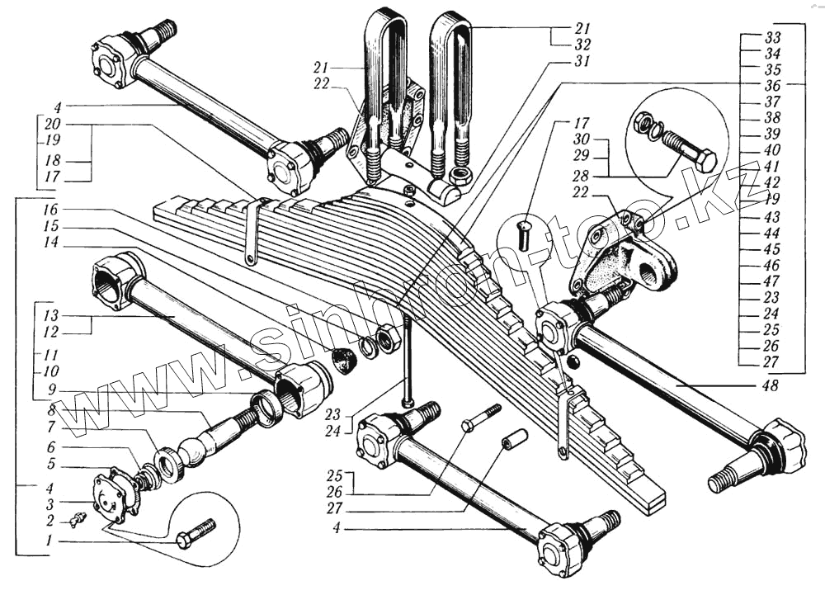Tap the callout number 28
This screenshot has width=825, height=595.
pos(581,177)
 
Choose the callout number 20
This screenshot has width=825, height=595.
pos(51,125)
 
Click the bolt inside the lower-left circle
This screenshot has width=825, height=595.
pos(196,534)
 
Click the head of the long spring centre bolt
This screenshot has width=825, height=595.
pos(408,403)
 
